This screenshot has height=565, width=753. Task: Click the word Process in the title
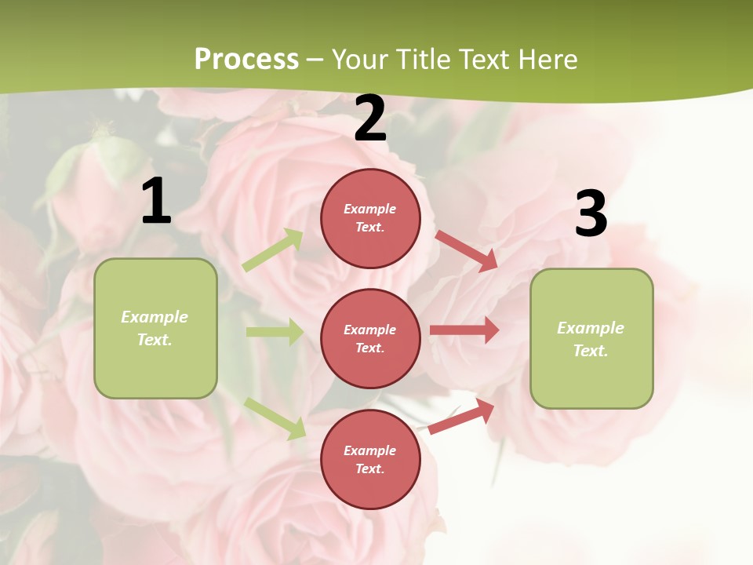246,60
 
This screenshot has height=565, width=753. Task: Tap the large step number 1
156,202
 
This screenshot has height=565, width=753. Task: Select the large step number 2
370,119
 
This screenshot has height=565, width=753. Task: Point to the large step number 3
591,214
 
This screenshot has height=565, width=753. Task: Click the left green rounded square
155,328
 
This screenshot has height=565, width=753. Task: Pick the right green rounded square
591,338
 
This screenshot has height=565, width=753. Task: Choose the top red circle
370,218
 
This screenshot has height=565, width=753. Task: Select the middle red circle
370,338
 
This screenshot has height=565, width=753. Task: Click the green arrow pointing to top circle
273,250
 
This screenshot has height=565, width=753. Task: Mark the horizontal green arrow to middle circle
275,332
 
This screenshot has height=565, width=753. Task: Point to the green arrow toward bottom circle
275,418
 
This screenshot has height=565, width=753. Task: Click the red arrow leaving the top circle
466,250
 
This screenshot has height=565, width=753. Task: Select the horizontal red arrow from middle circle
464,330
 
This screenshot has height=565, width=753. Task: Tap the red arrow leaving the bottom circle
461,417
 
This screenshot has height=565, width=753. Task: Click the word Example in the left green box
155,317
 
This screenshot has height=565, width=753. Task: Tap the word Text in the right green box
590,351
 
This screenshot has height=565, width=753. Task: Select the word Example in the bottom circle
369,450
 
